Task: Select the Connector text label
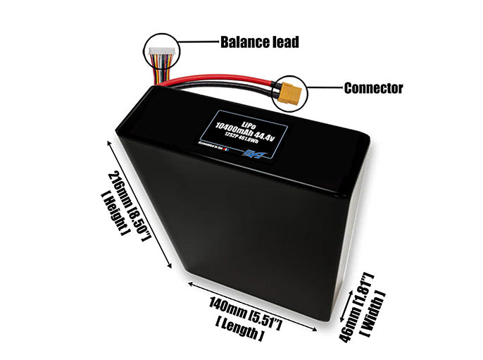(x=373, y=88)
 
